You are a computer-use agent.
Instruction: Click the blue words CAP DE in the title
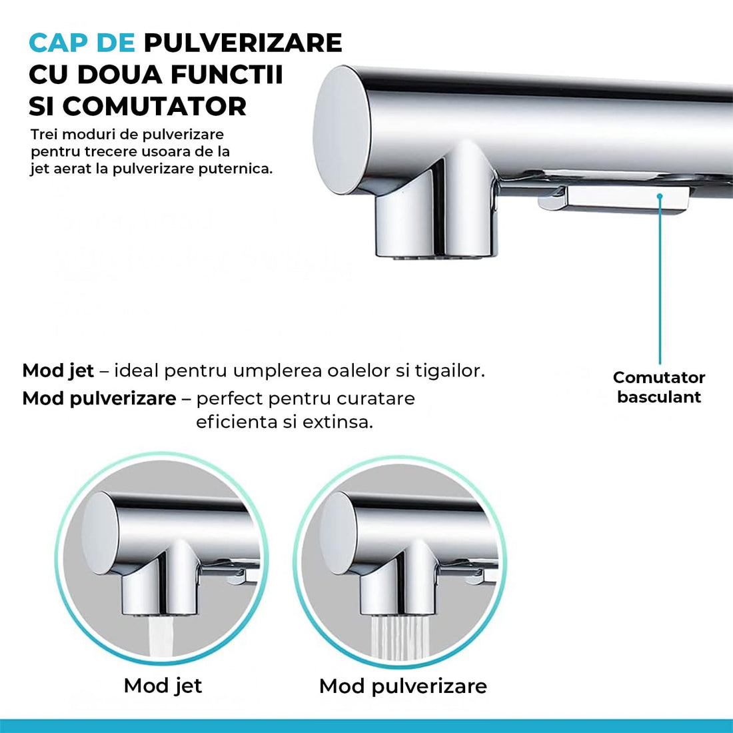pos(82,43)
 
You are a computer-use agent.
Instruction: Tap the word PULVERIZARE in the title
pos(243,43)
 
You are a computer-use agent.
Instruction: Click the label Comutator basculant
pos(658,387)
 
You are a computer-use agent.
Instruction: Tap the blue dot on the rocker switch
pos(660,196)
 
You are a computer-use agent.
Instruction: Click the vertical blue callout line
pos(660,280)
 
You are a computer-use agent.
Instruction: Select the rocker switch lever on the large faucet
pos(620,199)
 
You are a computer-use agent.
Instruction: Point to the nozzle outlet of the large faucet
pos(436,253)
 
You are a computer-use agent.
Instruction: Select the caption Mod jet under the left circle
pos(163,686)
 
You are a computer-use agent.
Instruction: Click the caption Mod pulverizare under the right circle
pos(402,686)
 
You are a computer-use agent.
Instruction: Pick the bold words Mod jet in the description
pos(58,371)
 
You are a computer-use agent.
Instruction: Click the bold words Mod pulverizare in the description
pos(99,399)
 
